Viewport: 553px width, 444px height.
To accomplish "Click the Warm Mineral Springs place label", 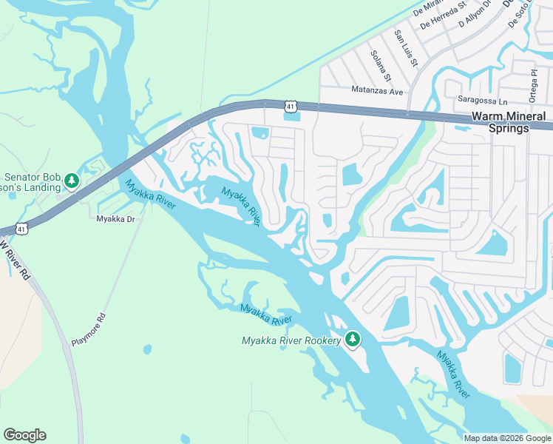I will coord(509,122).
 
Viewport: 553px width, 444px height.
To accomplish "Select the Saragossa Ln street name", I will coord(483,100).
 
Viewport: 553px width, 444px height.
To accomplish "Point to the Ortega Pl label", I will coord(532,87).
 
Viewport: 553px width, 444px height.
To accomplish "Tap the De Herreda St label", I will coord(442,15).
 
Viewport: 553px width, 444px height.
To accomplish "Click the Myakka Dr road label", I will coord(115,219).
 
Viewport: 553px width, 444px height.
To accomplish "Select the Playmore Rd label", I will coord(89,330).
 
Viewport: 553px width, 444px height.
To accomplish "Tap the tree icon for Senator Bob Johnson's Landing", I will coord(71,181).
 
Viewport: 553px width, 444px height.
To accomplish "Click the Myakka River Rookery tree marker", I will coord(353,339).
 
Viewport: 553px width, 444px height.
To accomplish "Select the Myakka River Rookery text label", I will coord(291,340).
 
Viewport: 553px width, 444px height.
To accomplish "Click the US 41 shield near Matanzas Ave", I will coord(291,107).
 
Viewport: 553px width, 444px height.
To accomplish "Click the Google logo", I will coord(24,435).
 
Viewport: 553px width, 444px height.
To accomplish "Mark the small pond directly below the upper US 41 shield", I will coord(293,117).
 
